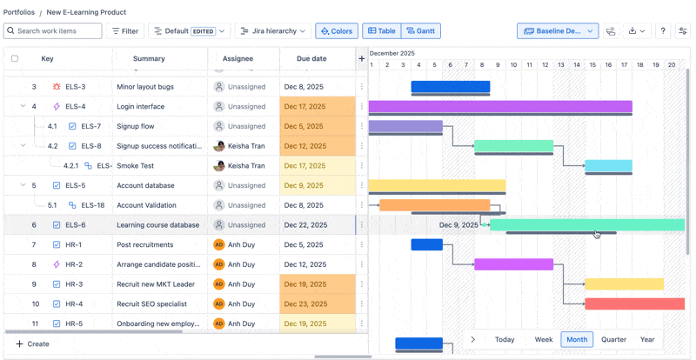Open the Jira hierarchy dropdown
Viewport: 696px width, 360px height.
[272, 31]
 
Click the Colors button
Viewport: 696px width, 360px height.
[337, 31]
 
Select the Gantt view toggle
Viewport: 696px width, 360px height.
[420, 31]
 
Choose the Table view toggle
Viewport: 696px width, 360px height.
[382, 31]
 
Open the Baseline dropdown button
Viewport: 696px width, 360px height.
[558, 31]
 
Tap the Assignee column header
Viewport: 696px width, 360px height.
[238, 59]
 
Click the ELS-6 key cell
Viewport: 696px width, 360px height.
[75, 225]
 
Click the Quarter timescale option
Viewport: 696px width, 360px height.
[613, 340]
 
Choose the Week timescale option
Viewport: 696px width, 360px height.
[544, 340]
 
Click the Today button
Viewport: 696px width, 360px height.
[505, 340]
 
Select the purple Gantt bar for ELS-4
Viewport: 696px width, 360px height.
[499, 106]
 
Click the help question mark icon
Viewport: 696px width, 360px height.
[663, 31]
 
